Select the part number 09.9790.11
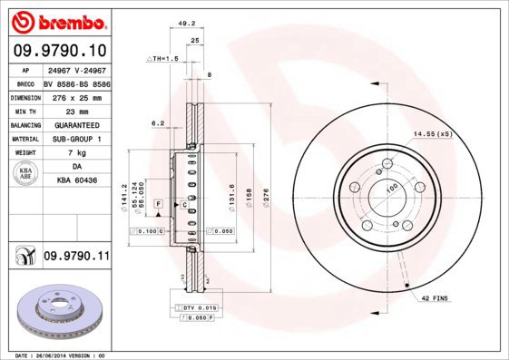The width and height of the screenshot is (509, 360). pyautogui.click(x=76, y=257)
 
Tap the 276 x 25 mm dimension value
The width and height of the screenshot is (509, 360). pyautogui.click(x=76, y=96)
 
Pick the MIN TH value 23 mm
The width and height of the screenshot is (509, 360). pyautogui.click(x=76, y=111)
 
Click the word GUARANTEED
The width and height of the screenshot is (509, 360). pyautogui.click(x=76, y=124)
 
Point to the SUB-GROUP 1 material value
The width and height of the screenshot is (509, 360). pyautogui.click(x=76, y=139)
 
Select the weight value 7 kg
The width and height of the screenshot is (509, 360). pyautogui.click(x=76, y=153)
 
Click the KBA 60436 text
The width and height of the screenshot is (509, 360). pyautogui.click(x=76, y=181)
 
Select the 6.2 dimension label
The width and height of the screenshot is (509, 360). pyautogui.click(x=158, y=122)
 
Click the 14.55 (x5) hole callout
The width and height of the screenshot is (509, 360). pyautogui.click(x=433, y=134)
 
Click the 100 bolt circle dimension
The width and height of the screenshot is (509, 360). pyautogui.click(x=393, y=188)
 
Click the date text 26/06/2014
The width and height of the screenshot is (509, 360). pyautogui.click(x=62, y=355)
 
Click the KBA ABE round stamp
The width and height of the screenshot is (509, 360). pyautogui.click(x=26, y=174)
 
